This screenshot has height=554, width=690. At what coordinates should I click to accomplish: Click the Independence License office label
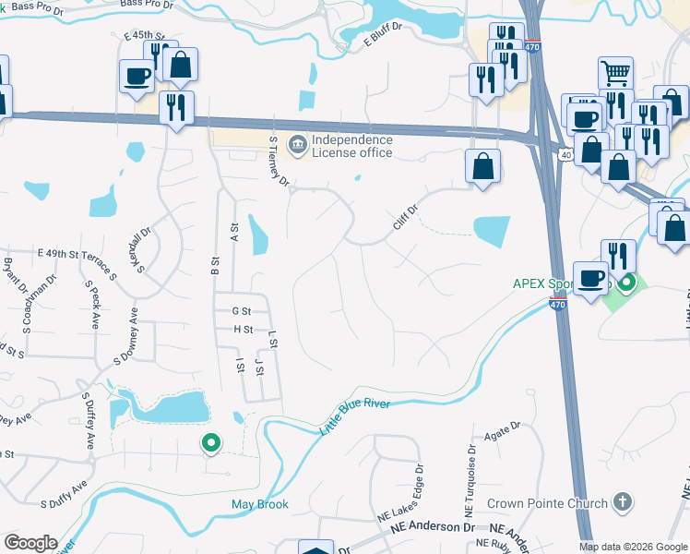(351, 146)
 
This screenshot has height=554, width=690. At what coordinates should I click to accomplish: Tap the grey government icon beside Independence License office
(298, 144)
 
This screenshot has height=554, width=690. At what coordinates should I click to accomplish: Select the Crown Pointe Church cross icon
(623, 502)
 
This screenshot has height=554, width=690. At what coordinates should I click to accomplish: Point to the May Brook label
(259, 504)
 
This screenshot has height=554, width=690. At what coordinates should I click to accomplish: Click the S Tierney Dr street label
(278, 161)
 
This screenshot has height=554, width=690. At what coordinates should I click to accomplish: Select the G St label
(243, 311)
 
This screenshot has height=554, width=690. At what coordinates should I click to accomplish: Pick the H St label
(243, 329)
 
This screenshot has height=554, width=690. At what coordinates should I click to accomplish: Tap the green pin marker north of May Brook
(211, 443)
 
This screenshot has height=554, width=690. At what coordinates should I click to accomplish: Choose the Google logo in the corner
(30, 542)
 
